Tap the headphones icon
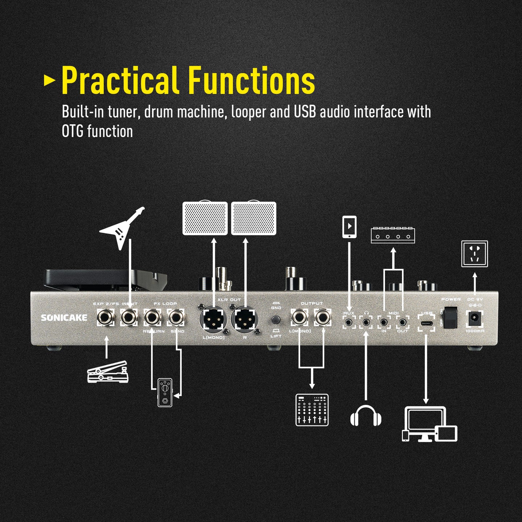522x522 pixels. pos(366,416)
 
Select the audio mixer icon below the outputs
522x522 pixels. pos(312,410)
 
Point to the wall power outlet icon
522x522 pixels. pos(475,254)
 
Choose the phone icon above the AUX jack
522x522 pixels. pos(349,227)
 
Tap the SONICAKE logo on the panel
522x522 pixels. pos(64,318)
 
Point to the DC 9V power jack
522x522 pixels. pos(474,319)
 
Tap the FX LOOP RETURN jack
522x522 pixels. pos(152,317)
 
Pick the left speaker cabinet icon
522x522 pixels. pos(205,218)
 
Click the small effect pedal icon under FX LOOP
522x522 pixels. pos(165,392)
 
